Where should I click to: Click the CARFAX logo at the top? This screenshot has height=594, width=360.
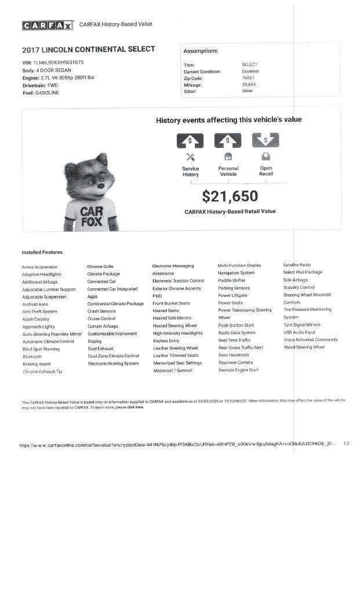pyautogui.click(x=48, y=25)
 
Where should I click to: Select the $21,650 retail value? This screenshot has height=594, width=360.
pyautogui.click(x=230, y=197)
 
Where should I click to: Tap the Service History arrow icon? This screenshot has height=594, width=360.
pyautogui.click(x=190, y=140)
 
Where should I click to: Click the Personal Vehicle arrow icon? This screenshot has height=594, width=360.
pyautogui.click(x=228, y=140)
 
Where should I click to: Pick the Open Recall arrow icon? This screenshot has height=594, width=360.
pyautogui.click(x=266, y=140)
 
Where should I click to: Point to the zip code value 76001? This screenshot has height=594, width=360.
pyautogui.click(x=248, y=78)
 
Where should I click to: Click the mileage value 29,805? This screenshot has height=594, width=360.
pyautogui.click(x=249, y=85)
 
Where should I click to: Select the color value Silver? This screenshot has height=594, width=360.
pyautogui.click(x=248, y=91)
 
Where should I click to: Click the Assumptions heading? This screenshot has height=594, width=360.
pyautogui.click(x=201, y=51)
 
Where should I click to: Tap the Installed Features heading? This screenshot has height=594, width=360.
pyautogui.click(x=42, y=252)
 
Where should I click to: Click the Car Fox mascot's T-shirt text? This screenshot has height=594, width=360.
pyautogui.click(x=92, y=216)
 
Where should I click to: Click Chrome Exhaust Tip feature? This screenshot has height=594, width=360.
pyautogui.click(x=42, y=371)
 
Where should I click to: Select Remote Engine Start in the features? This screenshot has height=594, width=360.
pyautogui.click(x=238, y=370)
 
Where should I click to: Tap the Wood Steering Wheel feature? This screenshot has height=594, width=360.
pyautogui.click(x=304, y=347)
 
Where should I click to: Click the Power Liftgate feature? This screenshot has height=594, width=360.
pyautogui.click(x=232, y=295)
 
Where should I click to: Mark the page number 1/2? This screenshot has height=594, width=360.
pyautogui.click(x=346, y=443)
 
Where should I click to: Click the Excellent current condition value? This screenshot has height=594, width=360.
pyautogui.click(x=250, y=71)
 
